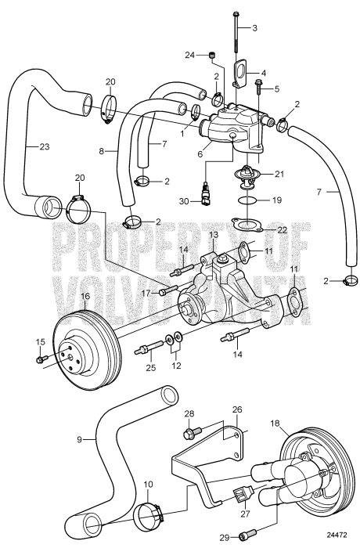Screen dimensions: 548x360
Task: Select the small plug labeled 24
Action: [211, 54]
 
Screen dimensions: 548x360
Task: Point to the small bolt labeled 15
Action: [41, 359]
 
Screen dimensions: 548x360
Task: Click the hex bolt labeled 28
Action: [189, 431]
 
